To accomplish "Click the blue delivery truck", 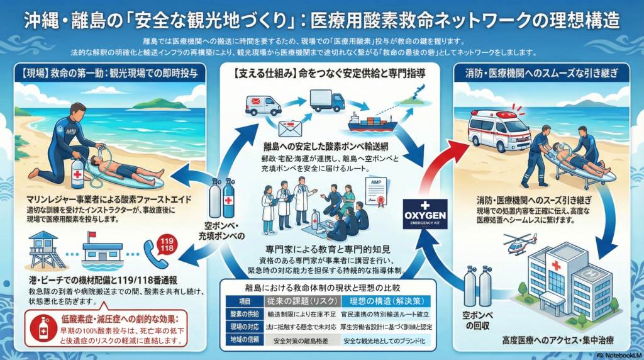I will (327, 100).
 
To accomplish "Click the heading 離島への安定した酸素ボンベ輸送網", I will (321, 147).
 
